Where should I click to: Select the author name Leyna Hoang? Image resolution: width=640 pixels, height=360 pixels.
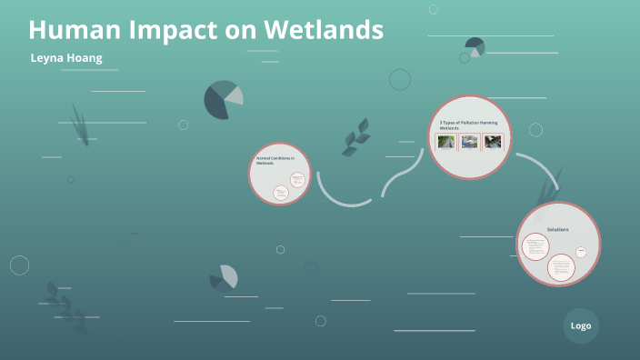[x=65, y=57]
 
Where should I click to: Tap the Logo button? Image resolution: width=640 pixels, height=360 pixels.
[x=581, y=325]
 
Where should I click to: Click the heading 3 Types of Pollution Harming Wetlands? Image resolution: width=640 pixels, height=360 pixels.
[x=467, y=125]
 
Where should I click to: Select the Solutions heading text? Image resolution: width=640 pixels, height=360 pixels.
[x=557, y=229]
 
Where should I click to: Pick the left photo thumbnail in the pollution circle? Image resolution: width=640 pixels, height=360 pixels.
[x=446, y=142]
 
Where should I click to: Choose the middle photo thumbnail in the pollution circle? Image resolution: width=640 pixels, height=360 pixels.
[x=469, y=142]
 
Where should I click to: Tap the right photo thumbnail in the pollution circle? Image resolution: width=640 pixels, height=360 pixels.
[x=493, y=142]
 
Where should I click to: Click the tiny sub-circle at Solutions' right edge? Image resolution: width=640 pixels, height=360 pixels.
[x=581, y=252]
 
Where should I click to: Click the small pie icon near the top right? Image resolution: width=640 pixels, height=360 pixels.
[x=475, y=46]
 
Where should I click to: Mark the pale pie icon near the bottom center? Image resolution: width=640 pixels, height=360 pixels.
[x=224, y=277]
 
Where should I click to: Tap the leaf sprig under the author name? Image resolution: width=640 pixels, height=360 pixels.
[x=80, y=123]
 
